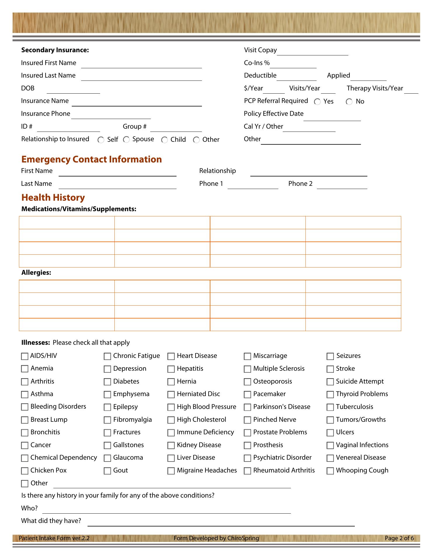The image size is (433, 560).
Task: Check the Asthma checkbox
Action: coord(25,395)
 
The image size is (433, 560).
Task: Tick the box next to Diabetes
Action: coord(107,382)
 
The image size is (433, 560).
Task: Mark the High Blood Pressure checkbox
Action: coord(171,407)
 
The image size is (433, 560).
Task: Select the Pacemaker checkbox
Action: coord(247,395)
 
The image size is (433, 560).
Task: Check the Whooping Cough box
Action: coord(330,471)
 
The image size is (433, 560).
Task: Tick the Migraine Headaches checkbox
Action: coord(171,471)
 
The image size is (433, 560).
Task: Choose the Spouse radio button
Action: coord(126,140)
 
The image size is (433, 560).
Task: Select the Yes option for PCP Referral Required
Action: coord(317,102)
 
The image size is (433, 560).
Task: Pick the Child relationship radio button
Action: coord(165,140)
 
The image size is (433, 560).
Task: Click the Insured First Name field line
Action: coord(141,65)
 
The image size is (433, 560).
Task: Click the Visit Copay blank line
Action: coord(312,52)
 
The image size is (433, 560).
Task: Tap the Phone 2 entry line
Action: coord(342,185)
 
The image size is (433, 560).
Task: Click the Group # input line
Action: coord(176,128)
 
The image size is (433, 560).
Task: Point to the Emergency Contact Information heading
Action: coord(92,159)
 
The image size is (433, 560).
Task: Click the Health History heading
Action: coord(53,197)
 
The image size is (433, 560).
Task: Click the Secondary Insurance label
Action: coord(55,50)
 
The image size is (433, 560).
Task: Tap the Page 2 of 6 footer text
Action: coord(399,538)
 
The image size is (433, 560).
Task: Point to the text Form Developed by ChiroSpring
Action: coord(216,538)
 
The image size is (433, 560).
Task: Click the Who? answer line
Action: coord(166,510)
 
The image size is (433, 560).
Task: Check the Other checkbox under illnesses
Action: coord(25,484)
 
